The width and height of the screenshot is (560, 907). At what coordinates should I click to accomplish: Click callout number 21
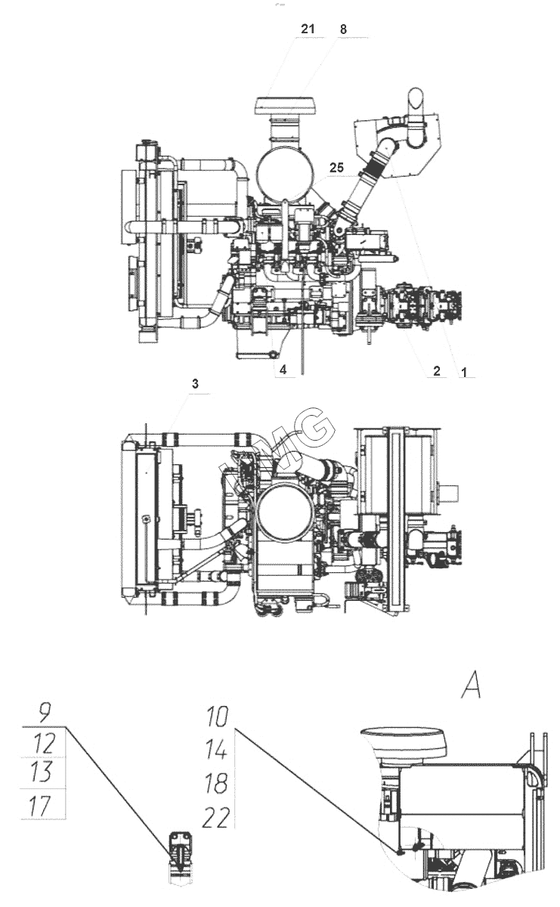click(308, 29)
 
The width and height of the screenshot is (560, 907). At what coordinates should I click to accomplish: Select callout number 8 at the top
click(343, 29)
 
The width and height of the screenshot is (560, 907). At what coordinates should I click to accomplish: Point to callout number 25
click(336, 168)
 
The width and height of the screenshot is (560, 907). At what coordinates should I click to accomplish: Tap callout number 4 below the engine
click(283, 370)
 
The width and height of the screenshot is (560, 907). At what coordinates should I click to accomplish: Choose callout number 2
click(437, 370)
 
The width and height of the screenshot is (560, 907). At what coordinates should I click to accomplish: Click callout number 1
click(465, 372)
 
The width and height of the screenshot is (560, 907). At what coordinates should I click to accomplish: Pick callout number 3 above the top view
click(195, 384)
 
